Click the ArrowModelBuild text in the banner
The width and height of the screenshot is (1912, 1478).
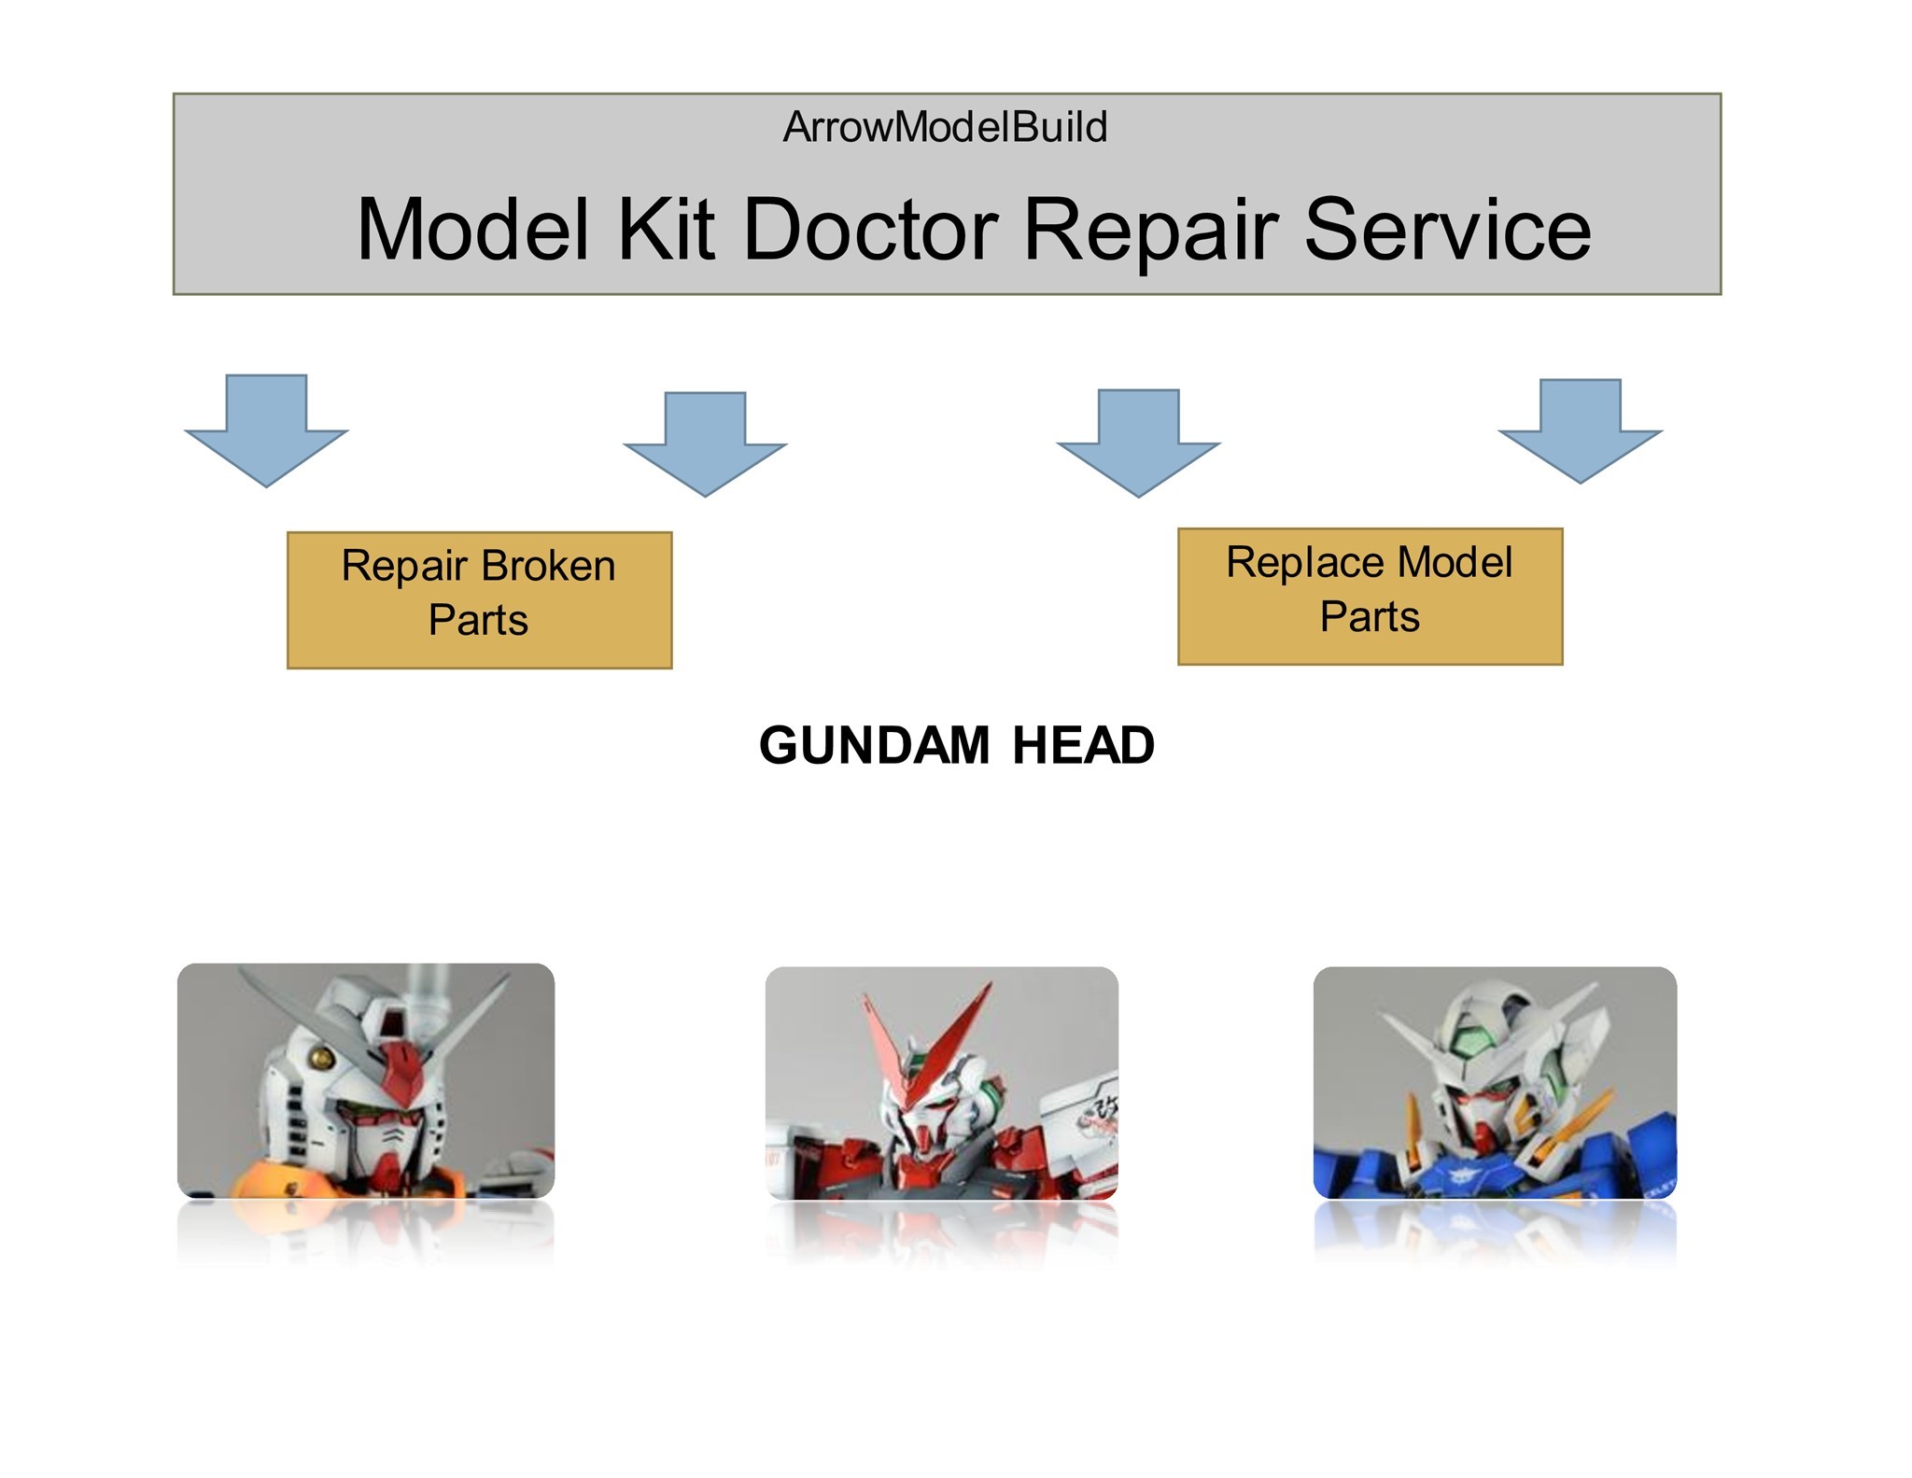(x=945, y=127)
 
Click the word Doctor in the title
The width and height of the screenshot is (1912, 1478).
(x=870, y=230)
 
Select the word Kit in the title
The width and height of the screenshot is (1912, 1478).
(x=666, y=230)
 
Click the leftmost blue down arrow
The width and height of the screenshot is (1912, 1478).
(x=267, y=430)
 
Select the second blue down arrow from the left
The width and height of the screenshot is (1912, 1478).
(x=705, y=444)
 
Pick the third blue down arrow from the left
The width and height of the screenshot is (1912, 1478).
(x=1138, y=443)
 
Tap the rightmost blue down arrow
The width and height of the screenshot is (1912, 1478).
(x=1581, y=431)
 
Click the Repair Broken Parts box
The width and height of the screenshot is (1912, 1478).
(x=479, y=600)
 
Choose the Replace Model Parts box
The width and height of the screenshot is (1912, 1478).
(x=1370, y=597)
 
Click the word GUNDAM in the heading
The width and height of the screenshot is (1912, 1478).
(x=874, y=745)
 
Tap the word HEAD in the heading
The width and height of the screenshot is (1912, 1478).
(x=1083, y=745)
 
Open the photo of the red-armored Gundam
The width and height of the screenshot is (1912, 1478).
(x=941, y=1083)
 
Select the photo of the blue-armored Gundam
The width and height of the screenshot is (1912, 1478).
(x=1495, y=1083)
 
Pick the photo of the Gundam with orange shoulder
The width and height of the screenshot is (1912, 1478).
(x=366, y=1081)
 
